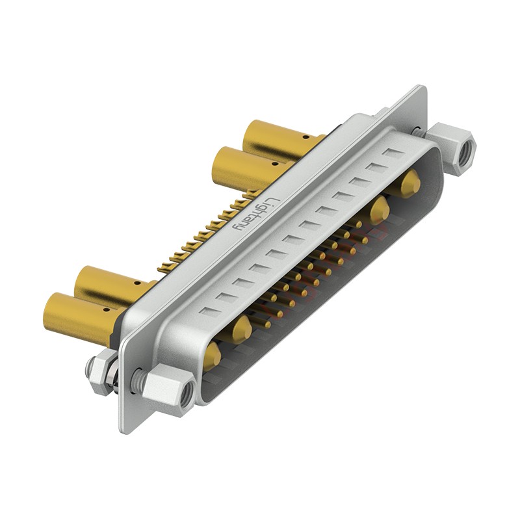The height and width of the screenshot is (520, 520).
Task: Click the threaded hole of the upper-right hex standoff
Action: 468,150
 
